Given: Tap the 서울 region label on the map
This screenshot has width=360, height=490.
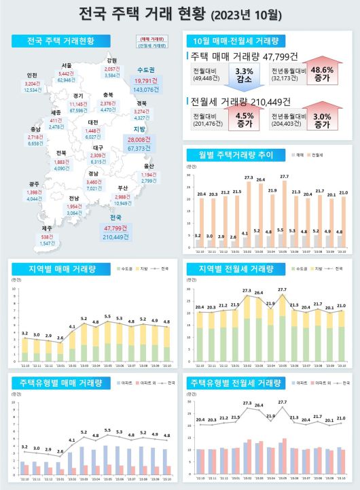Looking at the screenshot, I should (66, 66).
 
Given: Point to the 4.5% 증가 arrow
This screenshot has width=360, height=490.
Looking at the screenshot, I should (243, 120).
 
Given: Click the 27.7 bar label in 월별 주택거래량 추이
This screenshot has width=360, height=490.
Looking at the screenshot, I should (283, 177).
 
